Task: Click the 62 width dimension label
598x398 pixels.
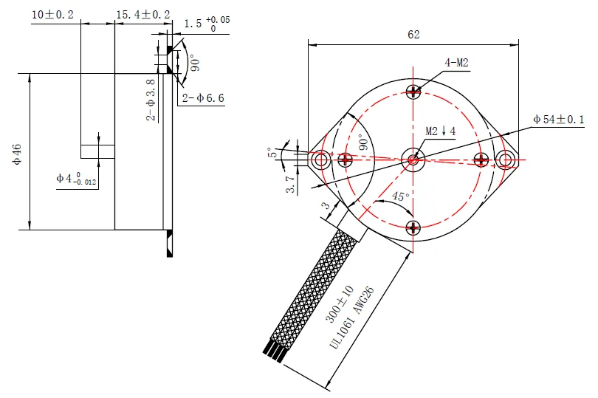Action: [413, 35]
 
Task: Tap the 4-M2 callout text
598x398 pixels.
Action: [456, 63]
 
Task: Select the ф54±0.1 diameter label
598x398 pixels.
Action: [559, 120]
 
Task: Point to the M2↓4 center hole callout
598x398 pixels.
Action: [441, 131]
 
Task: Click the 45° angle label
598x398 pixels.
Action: [400, 196]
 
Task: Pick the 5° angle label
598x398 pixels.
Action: [272, 152]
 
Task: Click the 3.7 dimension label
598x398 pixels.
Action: [291, 184]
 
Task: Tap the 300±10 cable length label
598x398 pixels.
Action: [340, 304]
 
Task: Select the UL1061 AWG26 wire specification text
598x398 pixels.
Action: [351, 318]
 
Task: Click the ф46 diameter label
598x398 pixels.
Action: [17, 154]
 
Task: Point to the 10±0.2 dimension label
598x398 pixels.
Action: [52, 15]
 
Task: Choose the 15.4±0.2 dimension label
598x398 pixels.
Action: [143, 15]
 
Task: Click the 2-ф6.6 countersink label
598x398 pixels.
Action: [203, 98]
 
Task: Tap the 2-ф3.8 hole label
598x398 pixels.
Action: [151, 100]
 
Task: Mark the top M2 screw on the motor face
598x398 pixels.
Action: [413, 92]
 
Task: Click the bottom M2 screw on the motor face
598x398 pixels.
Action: [413, 228]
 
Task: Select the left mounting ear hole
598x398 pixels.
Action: [320, 159]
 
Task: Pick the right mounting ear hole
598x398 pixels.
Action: [505, 159]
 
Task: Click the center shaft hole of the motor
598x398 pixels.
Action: [413, 160]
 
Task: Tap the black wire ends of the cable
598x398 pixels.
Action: [273, 354]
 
